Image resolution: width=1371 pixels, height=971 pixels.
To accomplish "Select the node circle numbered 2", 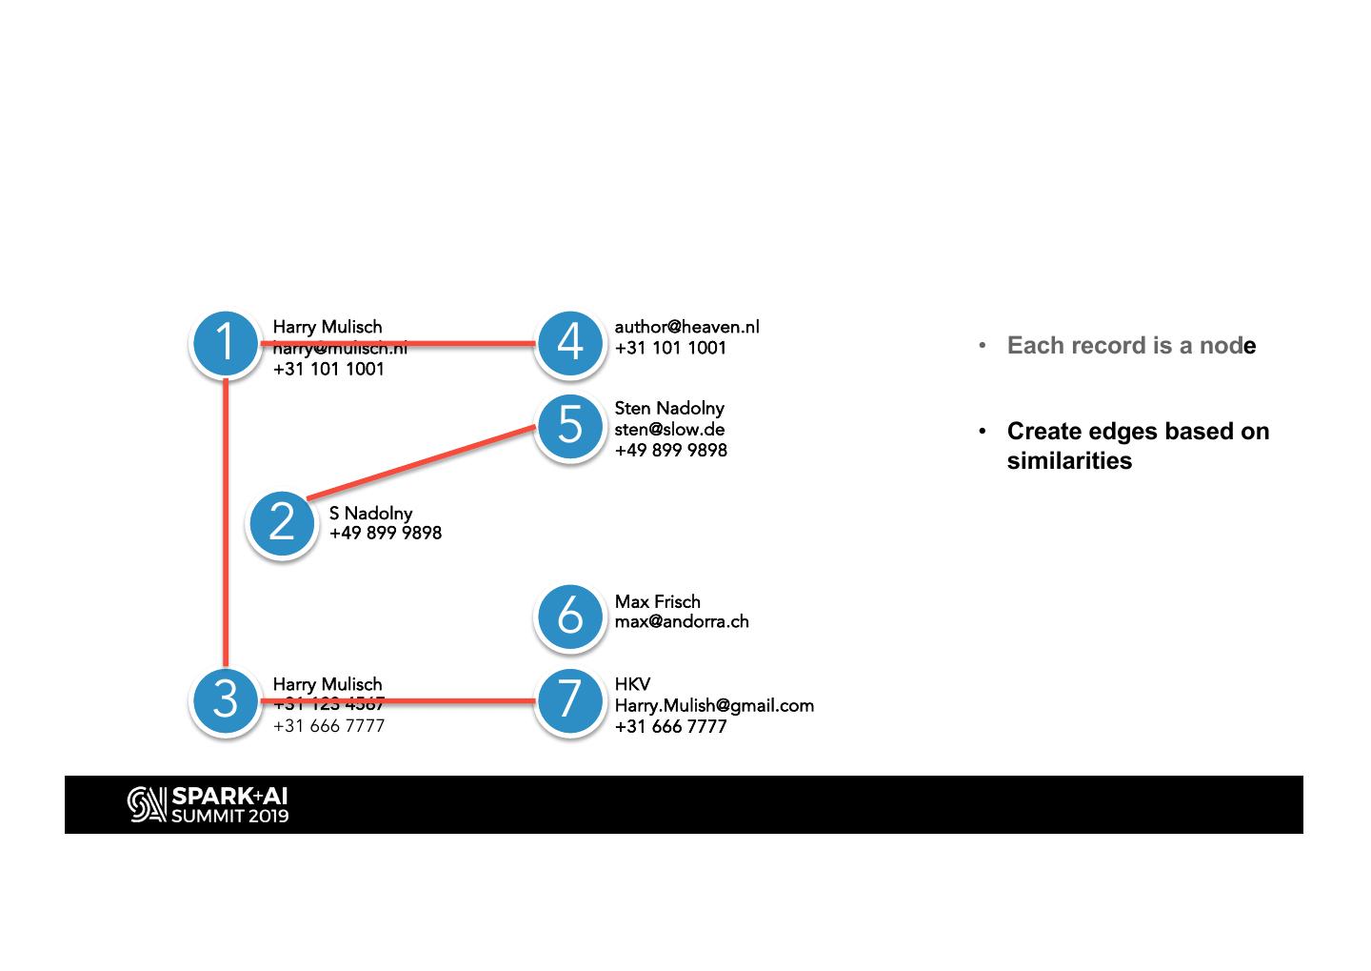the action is (x=282, y=522).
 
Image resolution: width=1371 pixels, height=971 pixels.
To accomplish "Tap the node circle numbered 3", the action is (x=226, y=700).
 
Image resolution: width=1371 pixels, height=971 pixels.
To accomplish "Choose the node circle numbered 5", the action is (x=569, y=425).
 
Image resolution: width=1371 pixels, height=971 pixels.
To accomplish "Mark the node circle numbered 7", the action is (x=569, y=700).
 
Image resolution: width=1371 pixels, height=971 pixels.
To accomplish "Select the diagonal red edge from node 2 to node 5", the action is (x=419, y=463).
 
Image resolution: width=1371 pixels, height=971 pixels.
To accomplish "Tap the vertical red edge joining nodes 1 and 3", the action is (x=226, y=524).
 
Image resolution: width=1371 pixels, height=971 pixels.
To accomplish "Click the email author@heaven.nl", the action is (x=686, y=327).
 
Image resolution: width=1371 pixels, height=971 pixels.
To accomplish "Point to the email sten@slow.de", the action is (x=669, y=429).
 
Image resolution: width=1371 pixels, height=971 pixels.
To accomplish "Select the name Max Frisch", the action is (x=657, y=601).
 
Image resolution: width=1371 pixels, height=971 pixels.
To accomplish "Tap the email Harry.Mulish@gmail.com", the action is (x=714, y=705).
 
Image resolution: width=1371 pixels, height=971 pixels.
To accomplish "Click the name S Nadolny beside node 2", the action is (x=370, y=514).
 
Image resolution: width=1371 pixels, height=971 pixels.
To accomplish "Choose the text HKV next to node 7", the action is (x=632, y=684).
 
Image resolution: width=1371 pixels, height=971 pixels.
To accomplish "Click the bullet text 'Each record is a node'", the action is (x=1131, y=345).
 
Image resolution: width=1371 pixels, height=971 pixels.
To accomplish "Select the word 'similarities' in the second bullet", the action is (x=1069, y=461).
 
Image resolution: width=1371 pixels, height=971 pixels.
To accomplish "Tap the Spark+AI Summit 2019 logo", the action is (x=209, y=804).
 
